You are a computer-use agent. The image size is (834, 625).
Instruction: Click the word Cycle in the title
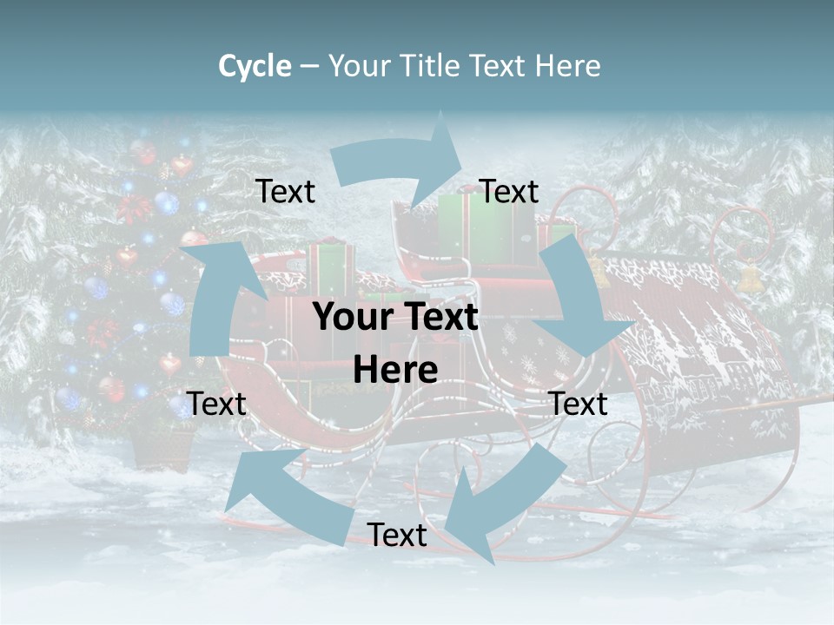(255, 66)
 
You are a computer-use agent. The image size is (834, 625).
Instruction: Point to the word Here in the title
(567, 66)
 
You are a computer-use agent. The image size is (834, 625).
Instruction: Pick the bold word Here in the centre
(395, 371)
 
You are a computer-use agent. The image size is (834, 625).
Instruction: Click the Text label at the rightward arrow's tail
(286, 192)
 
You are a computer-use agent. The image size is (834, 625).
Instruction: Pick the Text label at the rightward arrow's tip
(509, 192)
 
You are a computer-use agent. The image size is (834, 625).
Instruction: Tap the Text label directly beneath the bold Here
(397, 536)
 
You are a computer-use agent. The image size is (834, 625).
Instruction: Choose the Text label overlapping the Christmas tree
(217, 404)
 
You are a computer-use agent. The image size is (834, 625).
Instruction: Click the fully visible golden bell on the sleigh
(748, 278)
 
